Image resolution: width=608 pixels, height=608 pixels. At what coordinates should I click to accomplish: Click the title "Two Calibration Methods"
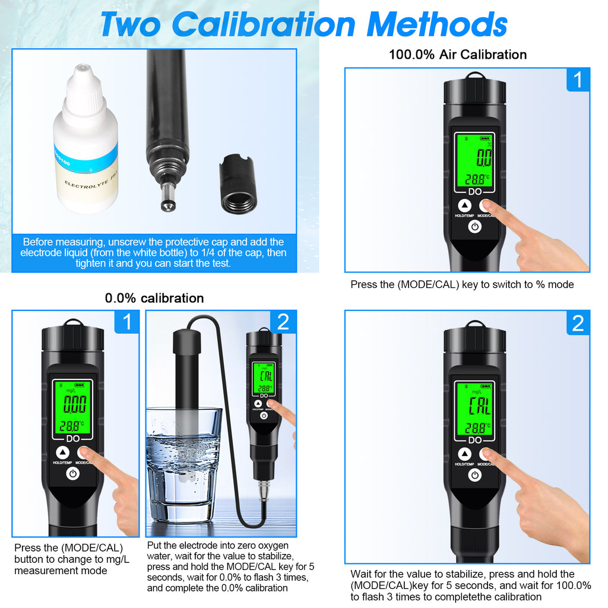pos(303,24)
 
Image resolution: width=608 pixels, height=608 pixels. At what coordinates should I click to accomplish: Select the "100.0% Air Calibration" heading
pos(457,55)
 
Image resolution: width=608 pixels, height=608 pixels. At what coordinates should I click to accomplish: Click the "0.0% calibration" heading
pos(154,298)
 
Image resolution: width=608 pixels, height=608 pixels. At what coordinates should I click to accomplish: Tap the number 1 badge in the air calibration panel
pos(578,80)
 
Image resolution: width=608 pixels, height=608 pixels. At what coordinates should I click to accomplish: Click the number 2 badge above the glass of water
pos(283,322)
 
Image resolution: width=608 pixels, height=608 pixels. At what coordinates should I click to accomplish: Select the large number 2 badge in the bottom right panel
pos(578,323)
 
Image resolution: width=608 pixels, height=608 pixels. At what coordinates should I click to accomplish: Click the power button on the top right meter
pos(474,227)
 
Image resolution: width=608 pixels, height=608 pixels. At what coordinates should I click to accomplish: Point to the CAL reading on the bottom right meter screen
pos(479,407)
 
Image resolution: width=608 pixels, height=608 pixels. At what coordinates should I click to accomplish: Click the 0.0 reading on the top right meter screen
pos(484,159)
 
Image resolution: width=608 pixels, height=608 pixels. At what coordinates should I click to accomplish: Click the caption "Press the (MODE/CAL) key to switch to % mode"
pos(462,284)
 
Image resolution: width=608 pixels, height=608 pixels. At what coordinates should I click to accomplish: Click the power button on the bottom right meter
pos(474,474)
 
